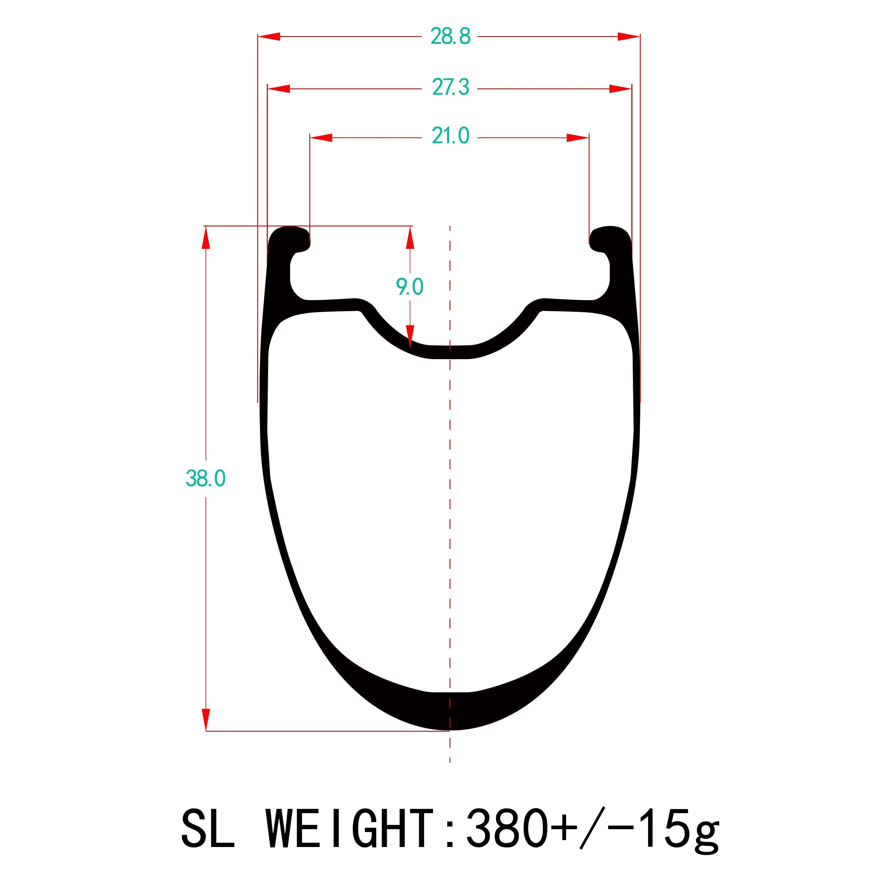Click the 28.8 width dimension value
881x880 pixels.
(x=450, y=36)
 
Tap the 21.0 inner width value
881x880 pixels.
(x=450, y=136)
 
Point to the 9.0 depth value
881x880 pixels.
(x=409, y=287)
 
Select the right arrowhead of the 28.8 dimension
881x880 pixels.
(x=628, y=36)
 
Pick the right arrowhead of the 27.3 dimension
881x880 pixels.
(x=620, y=89)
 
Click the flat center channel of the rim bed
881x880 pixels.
(x=450, y=352)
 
